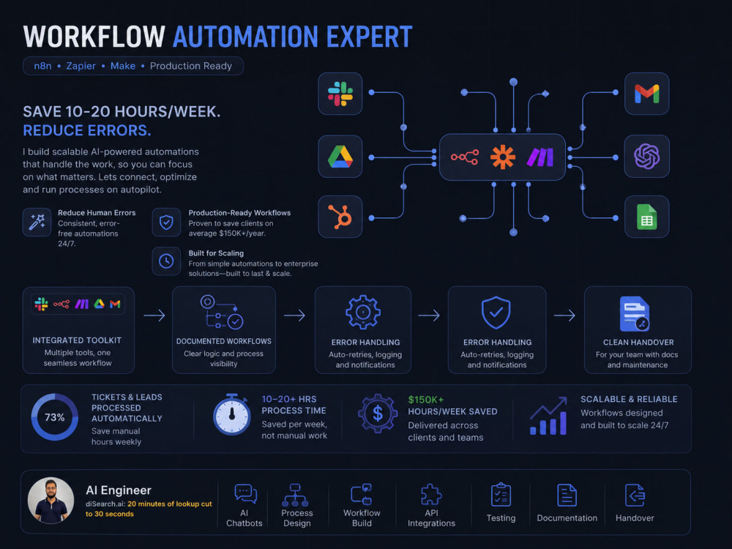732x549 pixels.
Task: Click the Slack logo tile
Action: pos(340,94)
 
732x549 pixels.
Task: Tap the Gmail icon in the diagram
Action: pos(646,94)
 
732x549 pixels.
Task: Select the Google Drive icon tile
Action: pos(340,157)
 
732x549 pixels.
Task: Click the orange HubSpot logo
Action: pos(340,217)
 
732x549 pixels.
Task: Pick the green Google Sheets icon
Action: pos(646,217)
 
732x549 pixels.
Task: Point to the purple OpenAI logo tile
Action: pos(646,157)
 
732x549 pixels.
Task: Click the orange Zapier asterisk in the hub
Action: pos(503,157)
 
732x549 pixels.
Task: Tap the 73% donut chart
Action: pos(55,417)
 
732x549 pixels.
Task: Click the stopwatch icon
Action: pos(231,414)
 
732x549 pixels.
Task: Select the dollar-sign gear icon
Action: pos(378,413)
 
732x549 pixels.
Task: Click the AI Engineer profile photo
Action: pos(51,500)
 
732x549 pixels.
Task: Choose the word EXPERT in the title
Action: pos(369,37)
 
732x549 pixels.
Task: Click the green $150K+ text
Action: pos(426,400)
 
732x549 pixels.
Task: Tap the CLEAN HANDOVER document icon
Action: pos(635,313)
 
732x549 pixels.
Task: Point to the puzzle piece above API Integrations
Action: pos(431,494)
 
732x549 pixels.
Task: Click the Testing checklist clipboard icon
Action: pos(501,494)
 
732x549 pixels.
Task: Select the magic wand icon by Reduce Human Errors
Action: pos(37,222)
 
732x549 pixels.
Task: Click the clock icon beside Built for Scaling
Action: pos(166,261)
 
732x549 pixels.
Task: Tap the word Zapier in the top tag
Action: pos(81,66)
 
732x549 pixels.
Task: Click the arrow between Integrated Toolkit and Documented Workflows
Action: pos(154,315)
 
